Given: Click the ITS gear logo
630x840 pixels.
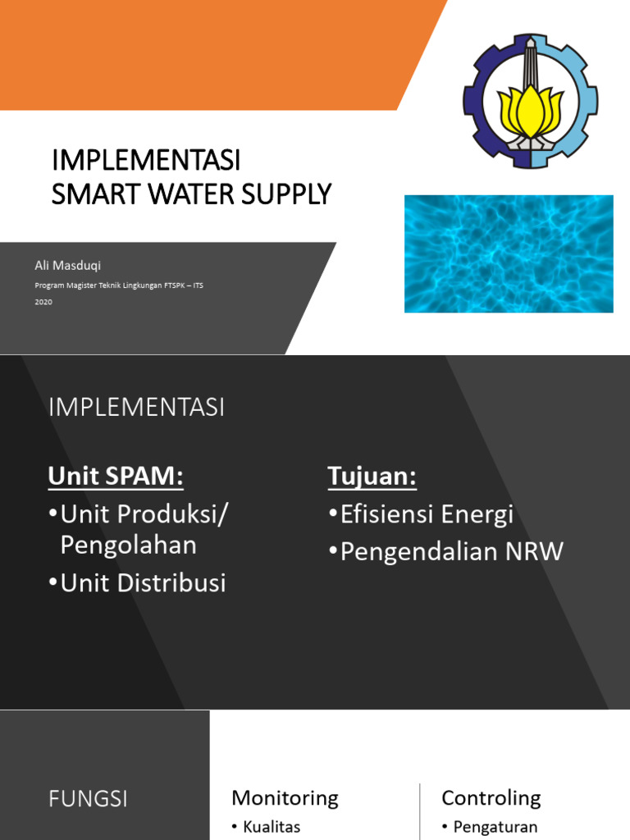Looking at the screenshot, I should (x=531, y=101).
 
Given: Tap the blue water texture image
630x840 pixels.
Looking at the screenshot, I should (x=509, y=253).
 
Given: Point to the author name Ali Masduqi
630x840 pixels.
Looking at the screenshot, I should (x=67, y=265).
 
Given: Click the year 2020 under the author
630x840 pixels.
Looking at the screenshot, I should (x=43, y=302).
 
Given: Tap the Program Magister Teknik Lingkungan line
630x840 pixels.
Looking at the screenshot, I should (x=119, y=285).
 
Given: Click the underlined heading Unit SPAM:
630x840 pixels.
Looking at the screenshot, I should (x=116, y=476).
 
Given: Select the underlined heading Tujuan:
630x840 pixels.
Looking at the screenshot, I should (x=372, y=476).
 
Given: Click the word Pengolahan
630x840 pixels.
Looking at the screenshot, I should (x=129, y=545).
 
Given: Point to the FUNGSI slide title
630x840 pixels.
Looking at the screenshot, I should (x=88, y=799).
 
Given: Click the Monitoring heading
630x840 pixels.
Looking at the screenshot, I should (x=285, y=797).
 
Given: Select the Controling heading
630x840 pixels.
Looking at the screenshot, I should (x=491, y=797).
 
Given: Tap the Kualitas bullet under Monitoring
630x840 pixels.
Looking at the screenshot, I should (x=272, y=827).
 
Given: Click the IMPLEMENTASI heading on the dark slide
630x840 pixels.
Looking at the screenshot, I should (x=136, y=407).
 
